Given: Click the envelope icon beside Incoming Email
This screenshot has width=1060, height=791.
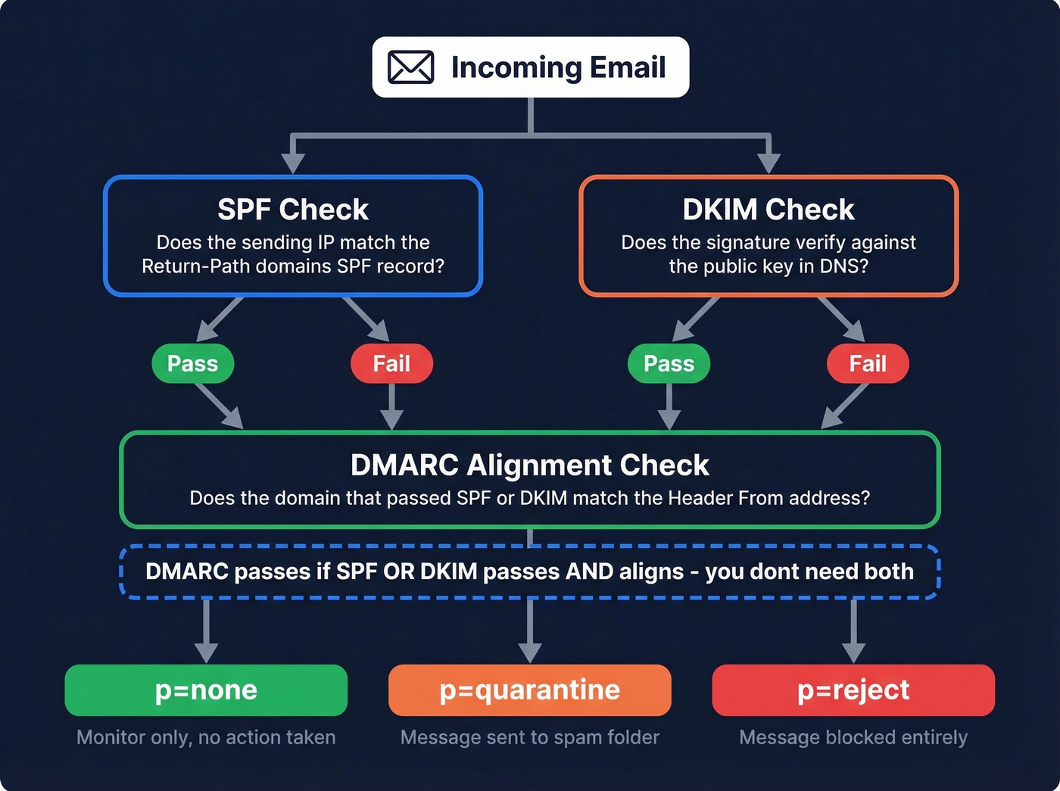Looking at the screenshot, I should click(x=410, y=67).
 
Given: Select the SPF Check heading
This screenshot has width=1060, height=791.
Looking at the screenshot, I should click(x=293, y=210).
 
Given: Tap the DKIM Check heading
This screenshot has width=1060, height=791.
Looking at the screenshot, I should click(x=768, y=210).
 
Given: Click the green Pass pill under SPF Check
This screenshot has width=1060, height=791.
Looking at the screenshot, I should click(x=192, y=363).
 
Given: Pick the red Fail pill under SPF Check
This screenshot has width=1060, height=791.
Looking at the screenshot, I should click(x=391, y=363).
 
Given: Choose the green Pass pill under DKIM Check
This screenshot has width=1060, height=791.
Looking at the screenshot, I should click(x=669, y=363).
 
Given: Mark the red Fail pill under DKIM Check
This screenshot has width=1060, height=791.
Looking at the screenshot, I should click(x=867, y=363).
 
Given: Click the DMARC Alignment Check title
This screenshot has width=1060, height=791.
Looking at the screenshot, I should click(x=529, y=465).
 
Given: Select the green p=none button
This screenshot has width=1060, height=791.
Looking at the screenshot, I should click(x=206, y=690).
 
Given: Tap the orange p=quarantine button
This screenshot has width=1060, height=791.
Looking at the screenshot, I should click(x=529, y=690).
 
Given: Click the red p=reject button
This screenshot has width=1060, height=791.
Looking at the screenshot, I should click(x=853, y=690).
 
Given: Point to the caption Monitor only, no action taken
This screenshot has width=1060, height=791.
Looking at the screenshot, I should click(x=206, y=737).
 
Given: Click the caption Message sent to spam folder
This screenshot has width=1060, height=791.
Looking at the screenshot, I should click(x=529, y=737).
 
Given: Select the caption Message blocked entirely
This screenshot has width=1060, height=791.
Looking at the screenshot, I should click(x=853, y=737).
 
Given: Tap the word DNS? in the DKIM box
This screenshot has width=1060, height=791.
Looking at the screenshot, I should click(x=844, y=266).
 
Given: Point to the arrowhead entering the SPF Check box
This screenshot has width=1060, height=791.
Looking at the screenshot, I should click(x=293, y=163).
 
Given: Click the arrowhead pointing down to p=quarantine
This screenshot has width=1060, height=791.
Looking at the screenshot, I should click(x=529, y=652).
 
